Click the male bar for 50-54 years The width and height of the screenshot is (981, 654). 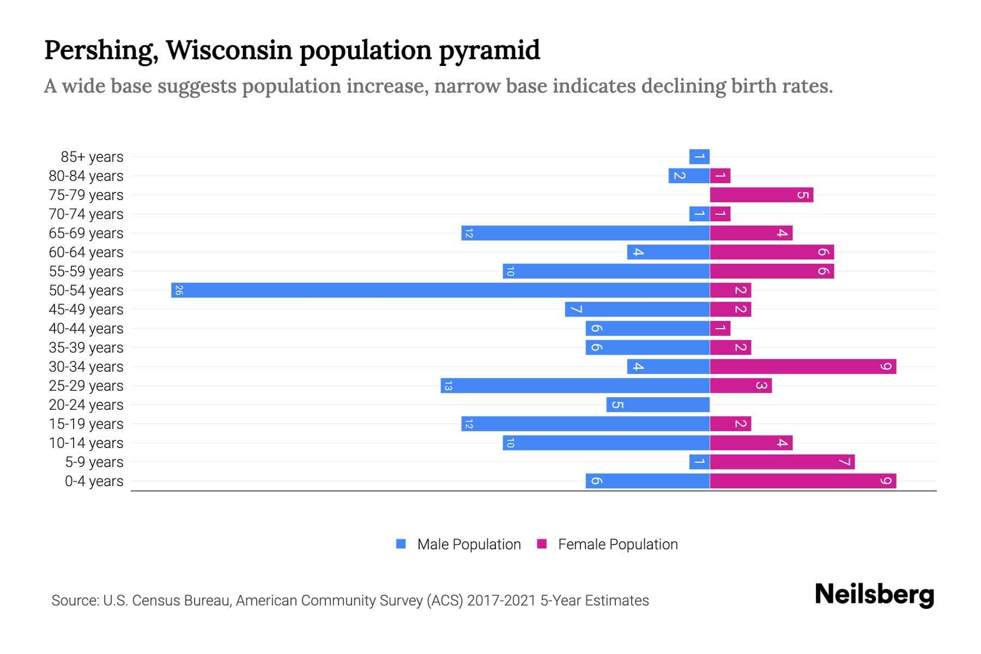(x=440, y=290)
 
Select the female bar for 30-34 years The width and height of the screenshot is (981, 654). (x=803, y=366)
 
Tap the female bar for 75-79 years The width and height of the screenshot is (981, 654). (x=761, y=195)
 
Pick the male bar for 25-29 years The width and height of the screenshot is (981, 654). (x=575, y=385)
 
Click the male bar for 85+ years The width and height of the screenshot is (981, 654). (x=699, y=156)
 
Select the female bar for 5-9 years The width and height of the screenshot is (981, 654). (x=782, y=462)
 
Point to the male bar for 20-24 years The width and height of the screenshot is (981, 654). (x=658, y=404)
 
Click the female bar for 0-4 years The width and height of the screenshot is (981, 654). (x=803, y=481)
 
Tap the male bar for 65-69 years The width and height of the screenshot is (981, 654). (x=585, y=233)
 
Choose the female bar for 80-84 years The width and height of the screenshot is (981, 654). (x=720, y=175)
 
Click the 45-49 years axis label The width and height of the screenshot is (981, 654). (x=86, y=310)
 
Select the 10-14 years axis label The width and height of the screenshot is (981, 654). (x=86, y=443)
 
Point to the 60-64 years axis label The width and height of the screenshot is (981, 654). (x=86, y=252)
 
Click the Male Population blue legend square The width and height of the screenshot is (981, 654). (x=401, y=544)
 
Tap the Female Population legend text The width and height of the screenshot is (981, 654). (x=617, y=544)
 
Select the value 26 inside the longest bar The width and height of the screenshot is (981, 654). (x=179, y=290)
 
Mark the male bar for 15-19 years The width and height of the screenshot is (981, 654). (x=585, y=423)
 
